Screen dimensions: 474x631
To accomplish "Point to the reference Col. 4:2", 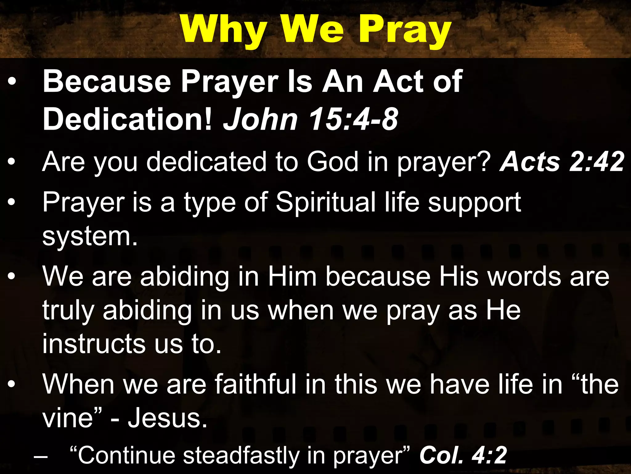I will [x=463, y=455].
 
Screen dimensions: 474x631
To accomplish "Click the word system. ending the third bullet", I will [x=90, y=237].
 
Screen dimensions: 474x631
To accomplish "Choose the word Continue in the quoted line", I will [x=126, y=455].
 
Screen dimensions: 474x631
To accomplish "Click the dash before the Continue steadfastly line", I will [x=41, y=456].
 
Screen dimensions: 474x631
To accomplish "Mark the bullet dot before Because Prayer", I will [x=11, y=82].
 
